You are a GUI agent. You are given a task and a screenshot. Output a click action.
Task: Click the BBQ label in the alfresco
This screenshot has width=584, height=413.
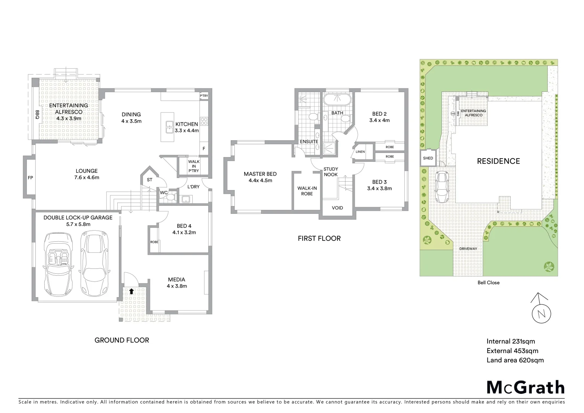37,115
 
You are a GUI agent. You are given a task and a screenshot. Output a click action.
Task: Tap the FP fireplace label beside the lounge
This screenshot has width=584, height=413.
30,178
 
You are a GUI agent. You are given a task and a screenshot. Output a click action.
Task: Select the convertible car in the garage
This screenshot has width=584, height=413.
58,264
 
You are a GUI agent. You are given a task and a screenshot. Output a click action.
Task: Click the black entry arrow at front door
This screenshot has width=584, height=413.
131,291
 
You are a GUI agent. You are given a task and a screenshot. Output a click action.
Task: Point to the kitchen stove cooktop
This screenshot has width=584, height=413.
204,121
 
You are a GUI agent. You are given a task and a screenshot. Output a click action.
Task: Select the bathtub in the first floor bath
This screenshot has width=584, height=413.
337,100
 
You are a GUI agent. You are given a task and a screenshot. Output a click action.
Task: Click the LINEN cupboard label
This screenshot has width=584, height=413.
360,152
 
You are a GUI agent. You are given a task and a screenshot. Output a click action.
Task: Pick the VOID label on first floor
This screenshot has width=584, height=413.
337,208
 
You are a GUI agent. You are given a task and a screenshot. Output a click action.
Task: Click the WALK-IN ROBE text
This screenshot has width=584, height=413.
307,191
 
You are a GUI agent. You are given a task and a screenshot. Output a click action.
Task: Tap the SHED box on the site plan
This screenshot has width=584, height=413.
428,158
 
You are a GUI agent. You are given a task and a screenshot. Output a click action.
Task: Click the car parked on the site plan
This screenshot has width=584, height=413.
442,187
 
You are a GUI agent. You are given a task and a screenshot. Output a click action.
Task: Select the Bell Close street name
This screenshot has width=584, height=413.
488,283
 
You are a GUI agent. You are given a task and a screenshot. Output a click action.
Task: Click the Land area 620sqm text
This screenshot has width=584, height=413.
515,360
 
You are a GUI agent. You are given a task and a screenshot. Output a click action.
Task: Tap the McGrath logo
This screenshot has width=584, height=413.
526,387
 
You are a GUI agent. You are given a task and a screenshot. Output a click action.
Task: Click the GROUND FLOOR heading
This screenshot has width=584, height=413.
122,340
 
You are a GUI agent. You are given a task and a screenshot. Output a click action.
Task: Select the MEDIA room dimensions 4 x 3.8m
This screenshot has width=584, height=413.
177,286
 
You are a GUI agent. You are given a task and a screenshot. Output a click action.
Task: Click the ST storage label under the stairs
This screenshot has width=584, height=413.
149,180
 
